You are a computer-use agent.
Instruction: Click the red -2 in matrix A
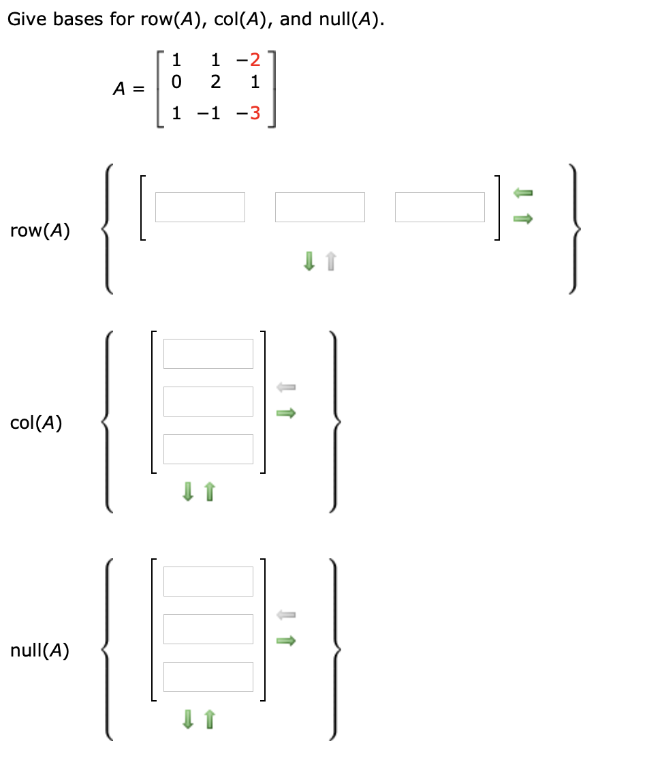[x=251, y=60]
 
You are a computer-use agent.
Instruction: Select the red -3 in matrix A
[x=251, y=113]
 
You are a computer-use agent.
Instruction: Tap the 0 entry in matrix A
[x=177, y=82]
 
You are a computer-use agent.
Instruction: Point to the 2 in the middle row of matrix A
[x=215, y=82]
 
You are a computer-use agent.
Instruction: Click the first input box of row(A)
[x=200, y=207]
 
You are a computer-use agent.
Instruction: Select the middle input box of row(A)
[x=319, y=207]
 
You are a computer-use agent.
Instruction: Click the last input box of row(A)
[x=439, y=207]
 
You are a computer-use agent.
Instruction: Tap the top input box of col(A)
[x=208, y=353]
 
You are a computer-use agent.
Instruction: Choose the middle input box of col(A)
[x=208, y=401]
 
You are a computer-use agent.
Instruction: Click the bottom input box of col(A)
[x=208, y=449]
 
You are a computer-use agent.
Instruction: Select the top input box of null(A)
[x=208, y=581]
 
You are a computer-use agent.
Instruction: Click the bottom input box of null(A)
[x=208, y=676]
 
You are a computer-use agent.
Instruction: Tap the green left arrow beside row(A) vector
[x=522, y=194]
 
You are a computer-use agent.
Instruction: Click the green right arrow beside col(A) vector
[x=286, y=413]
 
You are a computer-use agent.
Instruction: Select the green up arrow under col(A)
[x=210, y=491]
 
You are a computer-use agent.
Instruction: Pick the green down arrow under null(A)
[x=188, y=719]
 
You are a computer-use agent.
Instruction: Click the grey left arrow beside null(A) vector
[x=286, y=616]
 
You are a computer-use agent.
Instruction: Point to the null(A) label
[x=40, y=651]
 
